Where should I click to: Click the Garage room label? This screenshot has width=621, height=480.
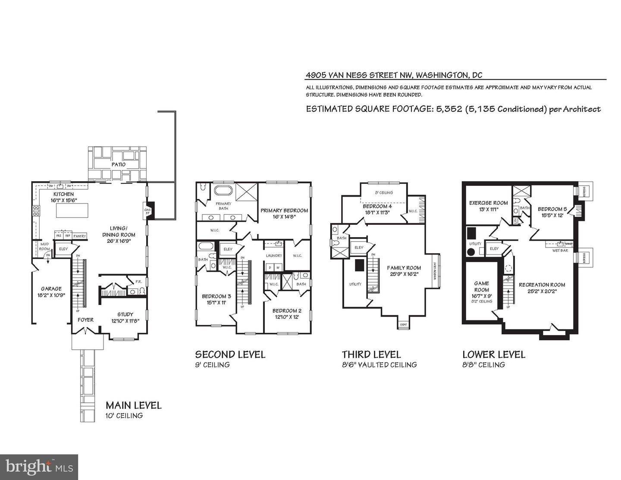point(51,289)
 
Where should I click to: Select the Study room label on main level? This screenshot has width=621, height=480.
point(125,314)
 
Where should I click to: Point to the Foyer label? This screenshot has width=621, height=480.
point(86,320)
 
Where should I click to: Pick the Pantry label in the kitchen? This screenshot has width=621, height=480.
point(80,236)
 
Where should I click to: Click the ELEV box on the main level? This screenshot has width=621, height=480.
point(63,249)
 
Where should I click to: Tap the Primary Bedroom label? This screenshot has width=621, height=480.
point(284,210)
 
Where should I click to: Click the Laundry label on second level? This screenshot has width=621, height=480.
point(274,255)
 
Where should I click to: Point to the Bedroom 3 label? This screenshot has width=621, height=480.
point(216,296)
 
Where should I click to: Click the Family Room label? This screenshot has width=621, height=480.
point(404,268)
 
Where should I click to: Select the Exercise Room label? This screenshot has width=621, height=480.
point(488,203)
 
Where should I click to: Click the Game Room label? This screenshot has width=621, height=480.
point(481,286)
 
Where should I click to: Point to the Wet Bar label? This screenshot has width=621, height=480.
point(560,250)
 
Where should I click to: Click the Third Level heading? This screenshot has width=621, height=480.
point(371,355)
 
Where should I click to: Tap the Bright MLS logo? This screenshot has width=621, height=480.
point(39,467)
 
